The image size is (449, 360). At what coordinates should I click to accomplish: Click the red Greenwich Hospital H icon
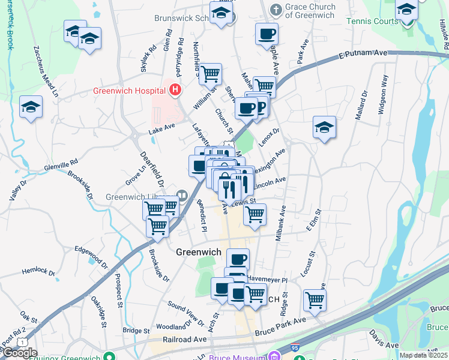(x=175, y=91)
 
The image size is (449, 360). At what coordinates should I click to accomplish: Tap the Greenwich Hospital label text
(x=128, y=91)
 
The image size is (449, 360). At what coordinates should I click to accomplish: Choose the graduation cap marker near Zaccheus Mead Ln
(x=31, y=107)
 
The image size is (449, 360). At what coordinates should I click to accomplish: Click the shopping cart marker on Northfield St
(x=210, y=74)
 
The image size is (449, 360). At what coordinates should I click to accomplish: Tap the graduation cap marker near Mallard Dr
(x=324, y=128)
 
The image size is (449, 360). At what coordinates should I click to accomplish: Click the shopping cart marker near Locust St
(x=315, y=300)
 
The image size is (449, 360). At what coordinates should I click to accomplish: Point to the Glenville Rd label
(x=61, y=162)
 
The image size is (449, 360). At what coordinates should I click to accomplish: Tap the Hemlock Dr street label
(x=38, y=272)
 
